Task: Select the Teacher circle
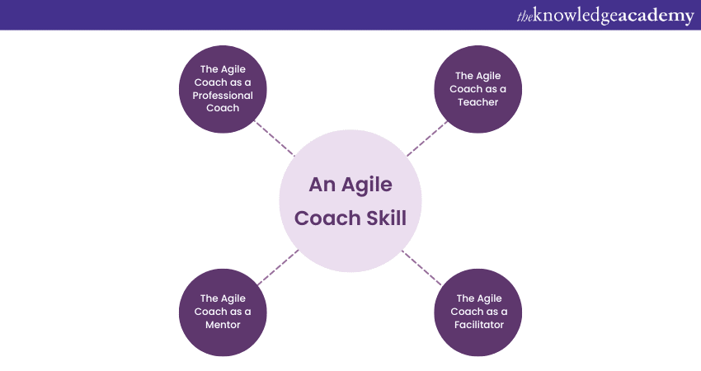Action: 478,89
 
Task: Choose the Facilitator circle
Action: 478,312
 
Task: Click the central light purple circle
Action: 350,201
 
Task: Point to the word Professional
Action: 223,95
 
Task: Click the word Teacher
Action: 478,102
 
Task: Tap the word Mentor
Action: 223,325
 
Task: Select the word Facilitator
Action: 478,325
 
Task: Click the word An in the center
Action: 322,185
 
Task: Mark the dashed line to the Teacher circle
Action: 427,139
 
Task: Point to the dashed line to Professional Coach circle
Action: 273,139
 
